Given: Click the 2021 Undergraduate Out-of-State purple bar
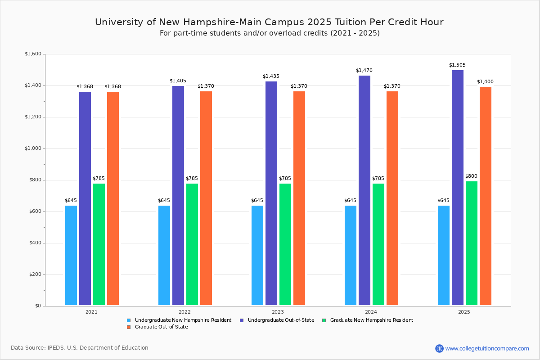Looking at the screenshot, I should [x=85, y=198].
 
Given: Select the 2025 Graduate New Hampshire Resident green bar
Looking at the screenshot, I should [x=472, y=243].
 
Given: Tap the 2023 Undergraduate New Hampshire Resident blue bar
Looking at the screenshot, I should [x=257, y=255].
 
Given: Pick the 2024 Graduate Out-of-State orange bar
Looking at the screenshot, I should [x=392, y=198].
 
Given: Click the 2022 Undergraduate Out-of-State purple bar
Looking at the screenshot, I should [x=178, y=195].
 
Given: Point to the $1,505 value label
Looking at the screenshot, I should [x=457, y=65].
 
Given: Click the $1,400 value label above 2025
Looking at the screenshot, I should [x=485, y=82].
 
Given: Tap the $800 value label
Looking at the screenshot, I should [x=471, y=176].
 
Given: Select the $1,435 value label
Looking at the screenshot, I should [x=271, y=76].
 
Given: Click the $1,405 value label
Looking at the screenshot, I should [x=178, y=81].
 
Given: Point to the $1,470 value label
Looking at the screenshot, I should [x=364, y=71].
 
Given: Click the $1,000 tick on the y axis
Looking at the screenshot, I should [x=33, y=148].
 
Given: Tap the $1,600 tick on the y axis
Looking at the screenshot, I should [x=33, y=54].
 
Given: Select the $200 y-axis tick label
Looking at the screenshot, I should [x=35, y=274].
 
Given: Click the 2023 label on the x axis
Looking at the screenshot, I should [x=278, y=312].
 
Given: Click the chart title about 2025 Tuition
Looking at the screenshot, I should [x=269, y=22].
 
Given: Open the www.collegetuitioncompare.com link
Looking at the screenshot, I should [x=487, y=348].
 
